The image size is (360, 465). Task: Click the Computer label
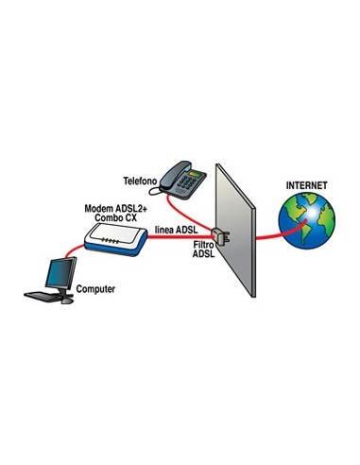(x=96, y=288)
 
